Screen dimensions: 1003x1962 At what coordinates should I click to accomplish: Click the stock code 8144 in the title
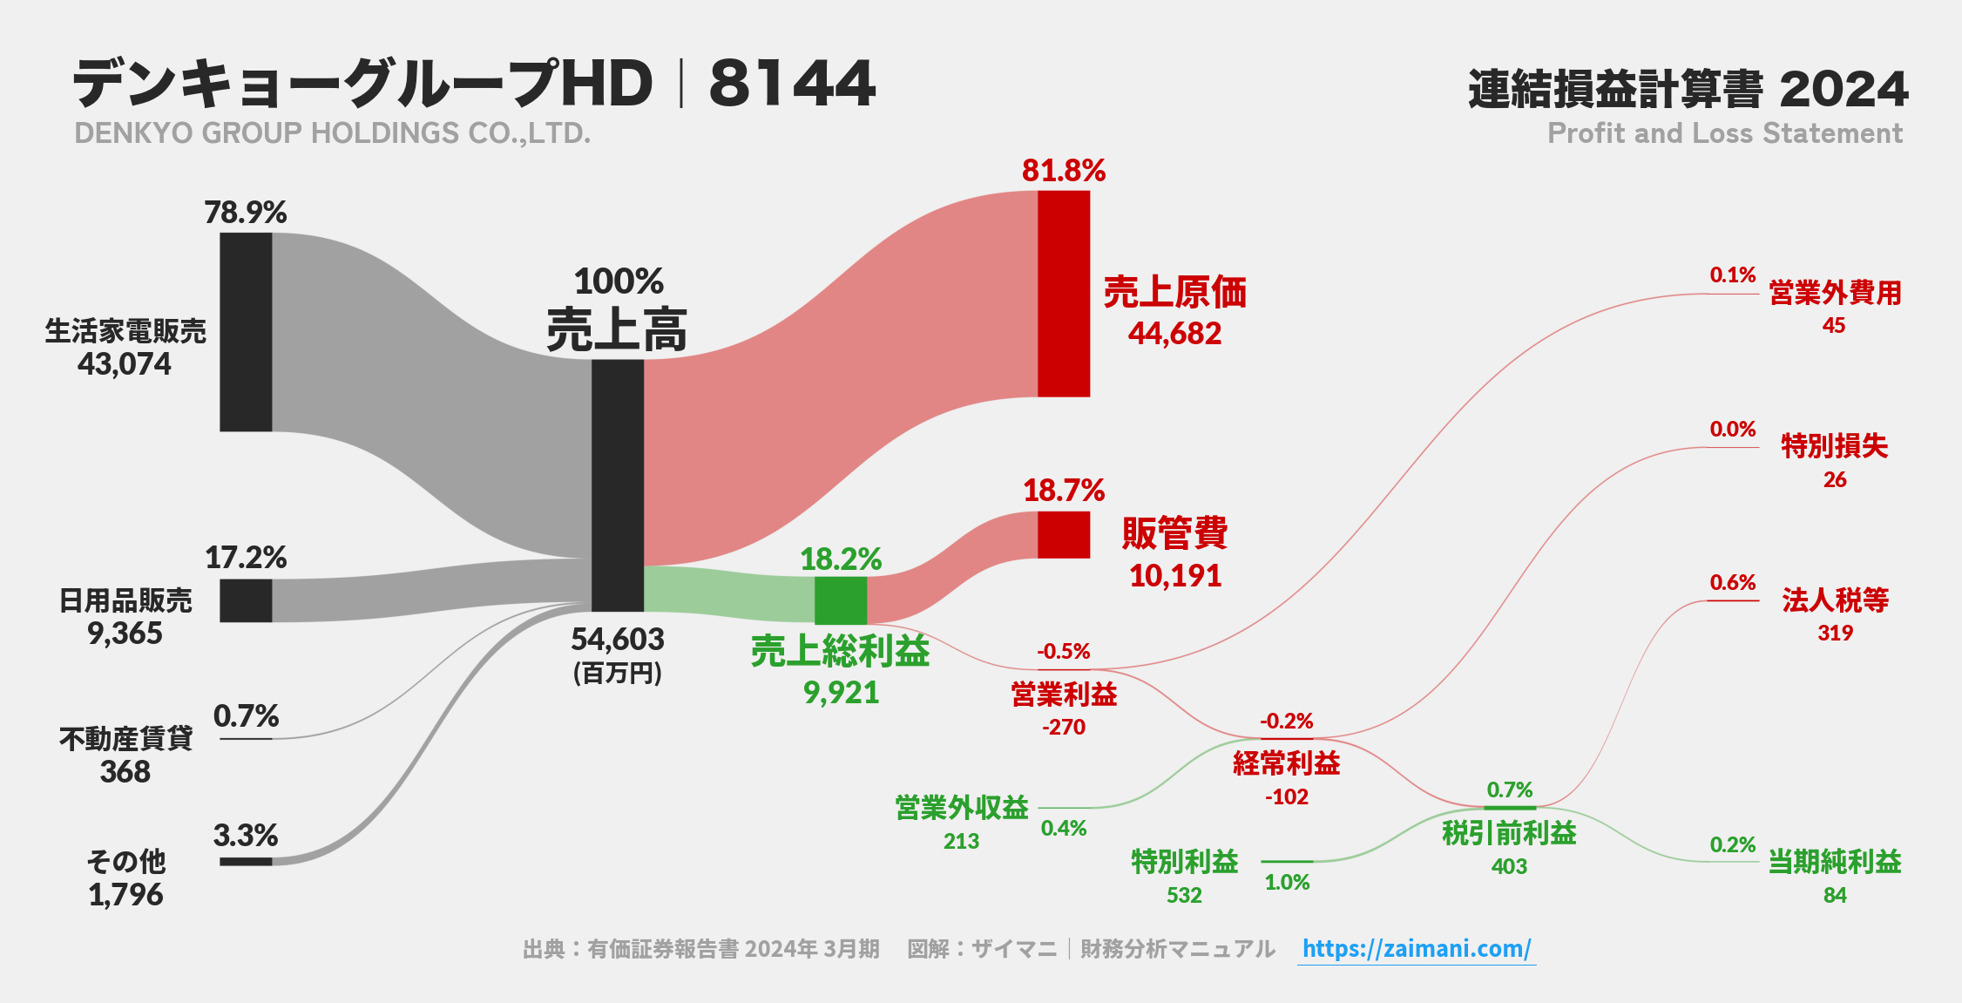click(792, 84)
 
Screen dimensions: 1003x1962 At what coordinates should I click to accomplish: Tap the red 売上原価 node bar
click(1064, 294)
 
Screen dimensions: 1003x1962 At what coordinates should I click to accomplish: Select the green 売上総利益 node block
click(841, 600)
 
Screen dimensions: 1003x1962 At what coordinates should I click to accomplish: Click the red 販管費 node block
click(1064, 534)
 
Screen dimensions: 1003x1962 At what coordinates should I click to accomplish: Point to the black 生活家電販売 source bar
click(246, 332)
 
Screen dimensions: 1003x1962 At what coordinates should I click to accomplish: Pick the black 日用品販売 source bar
click(246, 600)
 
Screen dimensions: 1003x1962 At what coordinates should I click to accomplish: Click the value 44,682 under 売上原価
click(1174, 334)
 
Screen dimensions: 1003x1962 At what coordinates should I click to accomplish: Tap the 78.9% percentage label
click(246, 213)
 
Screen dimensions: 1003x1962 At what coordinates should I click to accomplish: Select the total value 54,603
click(618, 640)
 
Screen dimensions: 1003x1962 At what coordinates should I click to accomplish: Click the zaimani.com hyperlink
click(1417, 948)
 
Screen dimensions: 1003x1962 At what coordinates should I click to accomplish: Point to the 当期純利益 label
click(1835, 862)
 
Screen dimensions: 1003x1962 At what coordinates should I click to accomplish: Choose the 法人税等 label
click(1835, 600)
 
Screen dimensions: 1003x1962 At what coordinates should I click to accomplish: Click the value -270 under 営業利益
click(1064, 727)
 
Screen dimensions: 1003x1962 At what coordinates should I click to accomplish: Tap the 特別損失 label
click(1835, 446)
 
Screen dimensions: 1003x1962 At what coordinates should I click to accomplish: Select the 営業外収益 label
click(962, 808)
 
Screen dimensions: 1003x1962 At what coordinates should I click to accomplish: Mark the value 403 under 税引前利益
click(1509, 866)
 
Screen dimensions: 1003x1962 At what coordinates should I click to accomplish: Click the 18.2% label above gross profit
click(841, 559)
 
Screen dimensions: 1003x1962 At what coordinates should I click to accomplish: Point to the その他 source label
click(126, 861)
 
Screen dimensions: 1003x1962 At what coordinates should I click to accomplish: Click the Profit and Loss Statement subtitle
click(1725, 133)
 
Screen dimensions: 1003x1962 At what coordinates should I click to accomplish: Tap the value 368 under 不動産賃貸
click(125, 772)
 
